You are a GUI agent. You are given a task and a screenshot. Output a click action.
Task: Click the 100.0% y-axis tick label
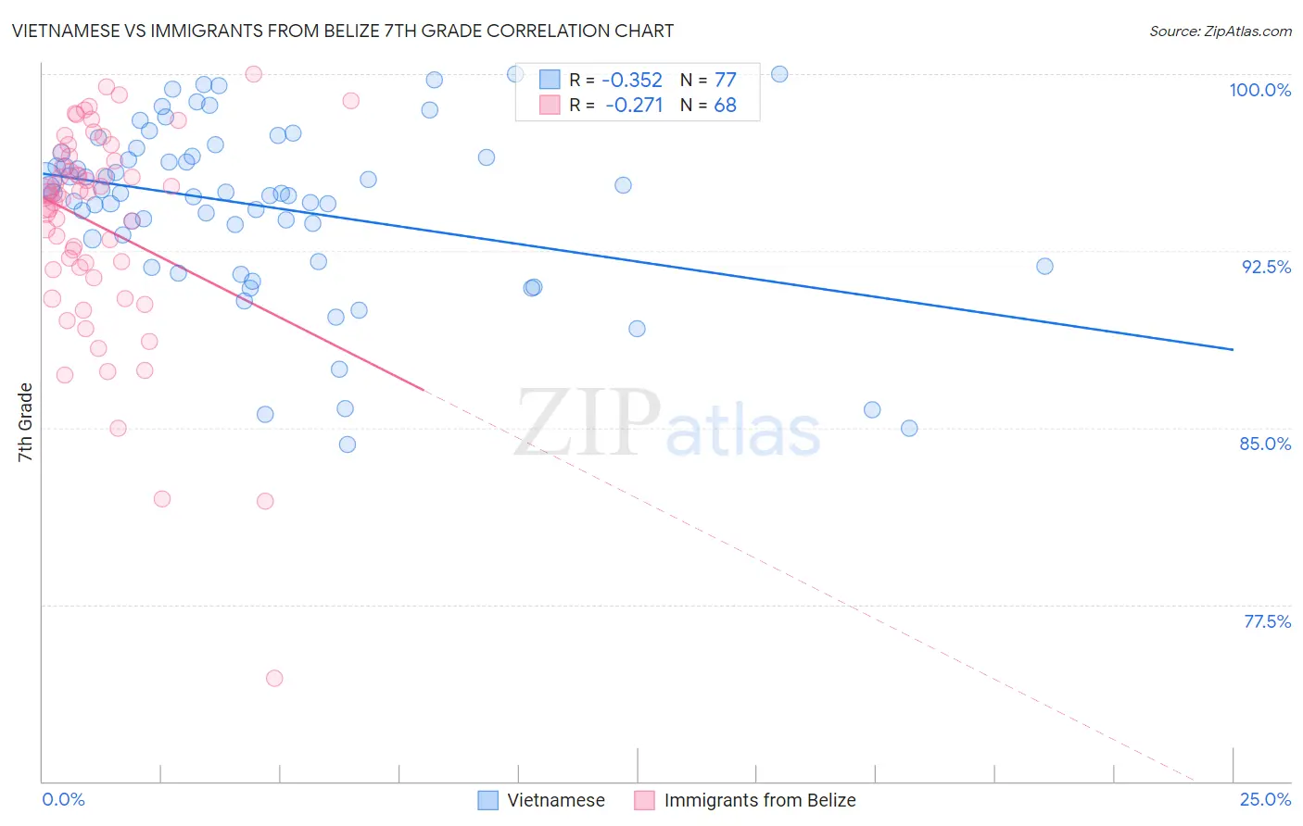pyautogui.click(x=1259, y=90)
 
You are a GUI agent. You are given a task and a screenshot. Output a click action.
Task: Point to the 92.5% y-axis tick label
pyautogui.click(x=1266, y=267)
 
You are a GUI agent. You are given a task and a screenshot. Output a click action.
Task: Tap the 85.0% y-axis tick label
pyautogui.click(x=1265, y=444)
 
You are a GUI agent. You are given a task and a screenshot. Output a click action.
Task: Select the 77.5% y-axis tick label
pyautogui.click(x=1267, y=621)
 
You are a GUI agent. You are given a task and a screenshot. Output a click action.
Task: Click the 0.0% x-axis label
pyautogui.click(x=63, y=799)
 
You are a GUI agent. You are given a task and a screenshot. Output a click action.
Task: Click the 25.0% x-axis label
pyautogui.click(x=1265, y=799)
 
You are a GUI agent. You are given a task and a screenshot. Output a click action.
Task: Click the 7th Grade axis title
pyautogui.click(x=25, y=422)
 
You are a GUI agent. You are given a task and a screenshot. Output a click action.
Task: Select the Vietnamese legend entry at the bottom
pyautogui.click(x=555, y=800)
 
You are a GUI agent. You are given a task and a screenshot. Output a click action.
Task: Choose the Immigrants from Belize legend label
pyautogui.click(x=759, y=800)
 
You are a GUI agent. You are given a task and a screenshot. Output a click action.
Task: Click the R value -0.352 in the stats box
pyautogui.click(x=632, y=81)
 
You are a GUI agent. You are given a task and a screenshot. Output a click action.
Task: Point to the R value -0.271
pyautogui.click(x=634, y=106)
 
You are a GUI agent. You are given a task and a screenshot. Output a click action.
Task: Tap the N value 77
pyautogui.click(x=725, y=81)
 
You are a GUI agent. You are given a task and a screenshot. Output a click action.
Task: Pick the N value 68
pyautogui.click(x=725, y=106)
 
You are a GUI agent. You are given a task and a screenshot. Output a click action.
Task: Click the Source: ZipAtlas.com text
pyautogui.click(x=1220, y=31)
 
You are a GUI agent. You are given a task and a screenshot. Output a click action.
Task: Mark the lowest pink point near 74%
pyautogui.click(x=274, y=678)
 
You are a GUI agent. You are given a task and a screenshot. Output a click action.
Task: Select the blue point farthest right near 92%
pyautogui.click(x=1044, y=267)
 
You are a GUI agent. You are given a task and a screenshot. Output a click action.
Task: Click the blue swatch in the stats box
pyautogui.click(x=550, y=80)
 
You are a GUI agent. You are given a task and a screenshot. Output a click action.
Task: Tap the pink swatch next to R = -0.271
pyautogui.click(x=550, y=105)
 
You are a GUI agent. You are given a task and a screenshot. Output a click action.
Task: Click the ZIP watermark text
pyautogui.click(x=588, y=423)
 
